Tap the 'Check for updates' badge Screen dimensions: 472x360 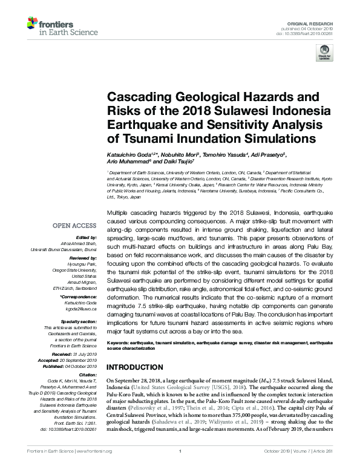tap(324, 53)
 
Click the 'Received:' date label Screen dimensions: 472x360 tap(74, 353)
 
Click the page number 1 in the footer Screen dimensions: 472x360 tap(180, 467)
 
